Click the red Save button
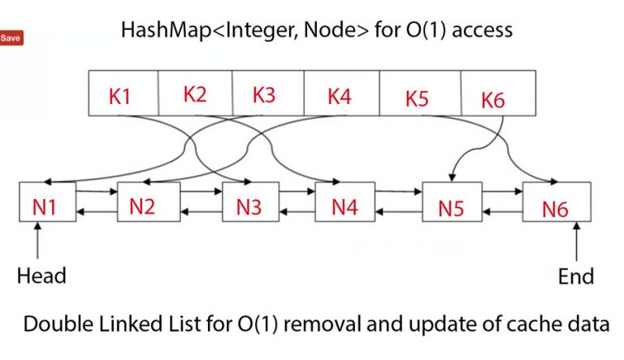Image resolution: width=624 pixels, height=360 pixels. pyautogui.click(x=11, y=38)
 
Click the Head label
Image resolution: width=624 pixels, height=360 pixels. pyautogui.click(x=41, y=275)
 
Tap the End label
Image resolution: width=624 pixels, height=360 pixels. pyautogui.click(x=575, y=275)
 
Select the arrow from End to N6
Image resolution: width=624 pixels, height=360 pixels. pyautogui.click(x=576, y=241)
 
